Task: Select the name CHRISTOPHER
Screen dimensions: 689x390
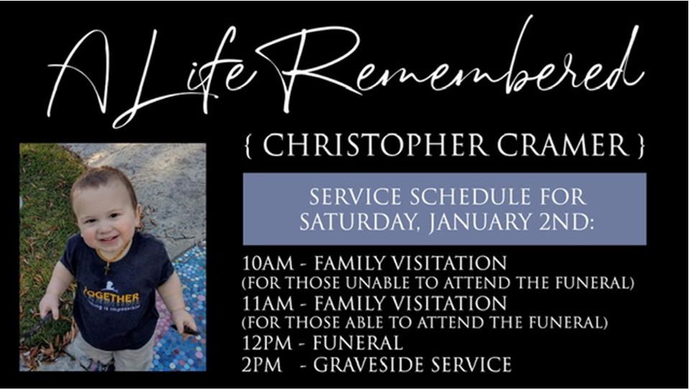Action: coord(375,145)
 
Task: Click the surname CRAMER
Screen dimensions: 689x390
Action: coord(564,145)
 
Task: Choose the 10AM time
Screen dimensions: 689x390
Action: coord(267,264)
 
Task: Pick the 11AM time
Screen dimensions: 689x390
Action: coord(267,303)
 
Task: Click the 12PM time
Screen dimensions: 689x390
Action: coord(267,343)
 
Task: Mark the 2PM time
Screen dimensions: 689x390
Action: coord(262,365)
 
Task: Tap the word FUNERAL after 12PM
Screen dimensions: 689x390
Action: coord(358,343)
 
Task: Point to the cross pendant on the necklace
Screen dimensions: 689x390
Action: coord(107,267)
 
